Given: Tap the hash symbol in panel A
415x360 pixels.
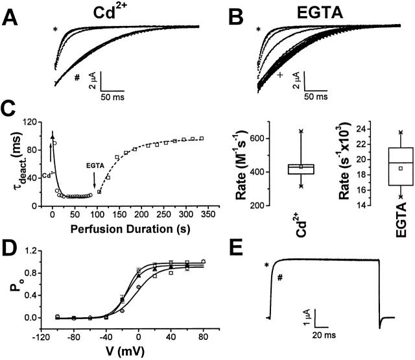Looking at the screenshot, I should pos(77,77).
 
